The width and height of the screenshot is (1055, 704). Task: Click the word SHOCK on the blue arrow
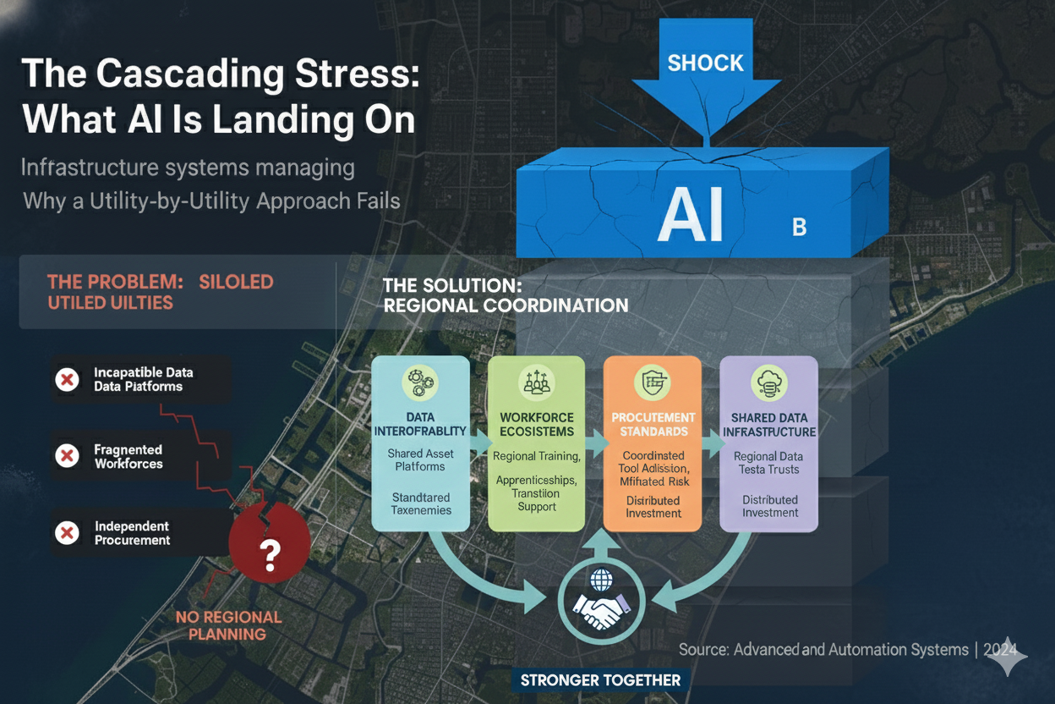706,63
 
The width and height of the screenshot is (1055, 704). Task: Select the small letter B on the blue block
799,227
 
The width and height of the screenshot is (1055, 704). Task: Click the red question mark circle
270,554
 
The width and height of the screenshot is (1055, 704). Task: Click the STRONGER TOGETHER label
600,679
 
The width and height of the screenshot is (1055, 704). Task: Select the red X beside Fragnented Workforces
67,457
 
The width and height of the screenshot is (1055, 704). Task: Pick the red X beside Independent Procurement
67,533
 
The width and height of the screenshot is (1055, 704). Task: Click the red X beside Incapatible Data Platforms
67,380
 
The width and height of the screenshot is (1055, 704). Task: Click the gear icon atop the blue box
420,382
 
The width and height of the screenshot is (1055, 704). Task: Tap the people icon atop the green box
537,382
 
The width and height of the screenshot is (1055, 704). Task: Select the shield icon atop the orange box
653,382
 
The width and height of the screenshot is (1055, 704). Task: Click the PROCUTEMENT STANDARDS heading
653,424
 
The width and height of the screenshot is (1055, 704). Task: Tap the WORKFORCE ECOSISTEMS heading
537,424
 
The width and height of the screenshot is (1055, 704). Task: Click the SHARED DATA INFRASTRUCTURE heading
769,425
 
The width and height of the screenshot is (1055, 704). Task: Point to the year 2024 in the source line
1006,650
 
